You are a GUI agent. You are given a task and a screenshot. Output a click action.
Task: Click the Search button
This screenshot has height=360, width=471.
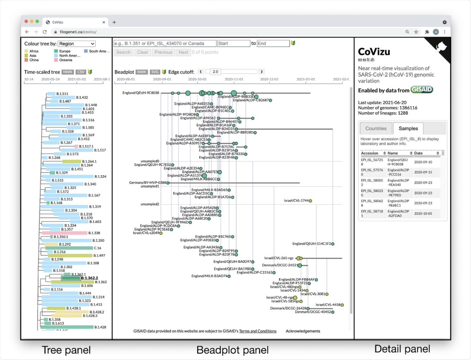[123, 52]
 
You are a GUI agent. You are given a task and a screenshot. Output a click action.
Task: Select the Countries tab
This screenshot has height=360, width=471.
[376, 129]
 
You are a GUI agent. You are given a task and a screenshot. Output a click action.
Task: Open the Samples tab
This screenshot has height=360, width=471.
[408, 129]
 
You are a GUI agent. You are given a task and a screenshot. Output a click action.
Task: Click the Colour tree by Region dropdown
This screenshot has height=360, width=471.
[77, 44]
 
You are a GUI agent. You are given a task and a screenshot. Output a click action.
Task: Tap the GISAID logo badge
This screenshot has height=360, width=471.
[422, 90]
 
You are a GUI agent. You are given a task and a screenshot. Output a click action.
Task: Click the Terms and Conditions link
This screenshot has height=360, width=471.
[258, 331]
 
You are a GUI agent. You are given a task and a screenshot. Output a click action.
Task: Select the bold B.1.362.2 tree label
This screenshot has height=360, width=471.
[89, 278]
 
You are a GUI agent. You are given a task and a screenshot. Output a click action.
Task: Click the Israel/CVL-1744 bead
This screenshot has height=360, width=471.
[311, 201]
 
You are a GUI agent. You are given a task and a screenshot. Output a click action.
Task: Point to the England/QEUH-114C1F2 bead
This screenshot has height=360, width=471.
[333, 244]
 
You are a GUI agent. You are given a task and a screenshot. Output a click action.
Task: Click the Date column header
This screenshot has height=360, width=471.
[418, 153]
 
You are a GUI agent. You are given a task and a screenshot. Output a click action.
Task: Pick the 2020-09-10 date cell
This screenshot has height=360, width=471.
[423, 162]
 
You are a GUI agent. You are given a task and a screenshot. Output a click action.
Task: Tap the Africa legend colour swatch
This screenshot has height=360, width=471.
[26, 51]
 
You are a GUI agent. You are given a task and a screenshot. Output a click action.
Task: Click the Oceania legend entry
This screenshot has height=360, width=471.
[65, 60]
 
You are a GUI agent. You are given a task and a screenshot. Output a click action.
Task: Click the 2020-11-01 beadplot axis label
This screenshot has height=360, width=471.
[234, 79]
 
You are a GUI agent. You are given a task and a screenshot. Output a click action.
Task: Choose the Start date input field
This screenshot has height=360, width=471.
[234, 44]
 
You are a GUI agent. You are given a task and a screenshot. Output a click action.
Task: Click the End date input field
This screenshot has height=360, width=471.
[273, 44]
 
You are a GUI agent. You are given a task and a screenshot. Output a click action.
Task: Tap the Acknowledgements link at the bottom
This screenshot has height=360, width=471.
[303, 331]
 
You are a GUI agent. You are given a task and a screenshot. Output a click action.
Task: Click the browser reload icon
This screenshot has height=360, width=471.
[45, 32]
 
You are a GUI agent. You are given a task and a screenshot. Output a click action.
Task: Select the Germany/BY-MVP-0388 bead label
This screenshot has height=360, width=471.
[148, 183]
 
